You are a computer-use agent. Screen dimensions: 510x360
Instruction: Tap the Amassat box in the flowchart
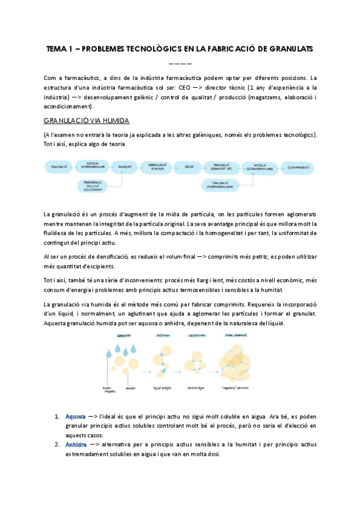[124, 166]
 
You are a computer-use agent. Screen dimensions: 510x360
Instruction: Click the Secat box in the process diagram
[189, 166]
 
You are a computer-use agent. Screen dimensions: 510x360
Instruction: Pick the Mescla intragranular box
[93, 165]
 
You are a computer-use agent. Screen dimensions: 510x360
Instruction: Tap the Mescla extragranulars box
[260, 167]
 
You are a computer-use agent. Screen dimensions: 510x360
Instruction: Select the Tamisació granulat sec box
[222, 166]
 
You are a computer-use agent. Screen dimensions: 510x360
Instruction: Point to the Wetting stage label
[162, 336]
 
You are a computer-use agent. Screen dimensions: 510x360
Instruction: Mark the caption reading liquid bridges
[163, 388]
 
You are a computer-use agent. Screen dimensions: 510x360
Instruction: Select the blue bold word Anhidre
[76, 444]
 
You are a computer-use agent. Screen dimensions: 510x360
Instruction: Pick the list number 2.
[57, 444]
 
